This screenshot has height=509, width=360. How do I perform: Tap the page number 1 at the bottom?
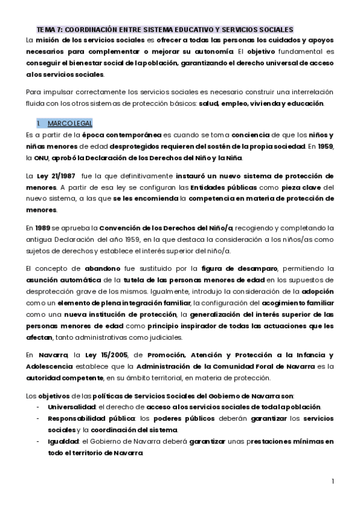332,481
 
